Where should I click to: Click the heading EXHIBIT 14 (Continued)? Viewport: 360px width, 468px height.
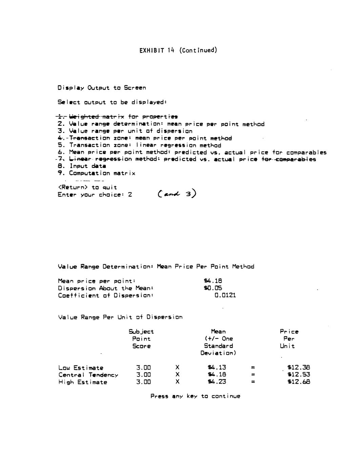coord(178,51)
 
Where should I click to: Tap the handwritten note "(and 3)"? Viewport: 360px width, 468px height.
coord(177,194)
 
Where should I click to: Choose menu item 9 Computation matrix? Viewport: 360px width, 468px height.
coord(97,173)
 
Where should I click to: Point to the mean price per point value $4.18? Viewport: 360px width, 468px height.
coord(213,281)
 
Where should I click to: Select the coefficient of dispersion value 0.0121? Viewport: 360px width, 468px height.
coord(225,295)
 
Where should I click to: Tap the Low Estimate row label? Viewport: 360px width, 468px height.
coord(81,368)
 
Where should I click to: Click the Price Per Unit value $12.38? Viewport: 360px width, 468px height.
coord(299,367)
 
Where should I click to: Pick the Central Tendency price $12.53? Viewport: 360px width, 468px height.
coord(299,375)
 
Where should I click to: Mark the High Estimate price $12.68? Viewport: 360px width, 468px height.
coord(299,382)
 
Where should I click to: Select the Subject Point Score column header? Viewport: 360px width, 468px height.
coord(141,339)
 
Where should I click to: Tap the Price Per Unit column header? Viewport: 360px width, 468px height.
coord(289,339)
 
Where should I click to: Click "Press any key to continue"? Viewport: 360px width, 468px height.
coord(195,396)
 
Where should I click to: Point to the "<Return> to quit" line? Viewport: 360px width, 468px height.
coord(87,188)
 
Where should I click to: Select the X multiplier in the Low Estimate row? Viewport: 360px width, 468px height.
coord(177,368)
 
